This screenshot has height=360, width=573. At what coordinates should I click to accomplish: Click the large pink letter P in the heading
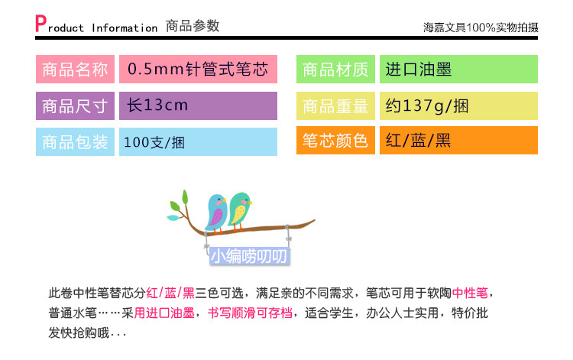coord(40,24)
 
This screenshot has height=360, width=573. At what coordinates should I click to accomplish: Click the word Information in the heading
coord(125,28)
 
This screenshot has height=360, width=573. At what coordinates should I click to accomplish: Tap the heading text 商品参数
coord(193,26)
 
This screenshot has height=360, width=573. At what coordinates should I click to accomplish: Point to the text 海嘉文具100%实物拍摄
coord(481,28)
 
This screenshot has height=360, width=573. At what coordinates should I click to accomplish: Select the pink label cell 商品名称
coord(75,69)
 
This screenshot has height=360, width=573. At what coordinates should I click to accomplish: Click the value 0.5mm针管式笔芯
coord(198,69)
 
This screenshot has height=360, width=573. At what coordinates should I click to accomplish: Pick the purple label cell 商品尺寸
coord(75,106)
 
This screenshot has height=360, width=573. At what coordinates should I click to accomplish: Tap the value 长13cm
coord(157,105)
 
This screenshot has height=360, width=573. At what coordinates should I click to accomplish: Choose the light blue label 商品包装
coord(75,142)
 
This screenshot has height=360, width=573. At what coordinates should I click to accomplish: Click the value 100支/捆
coord(154,142)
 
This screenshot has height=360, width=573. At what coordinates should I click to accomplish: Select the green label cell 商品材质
coord(335,69)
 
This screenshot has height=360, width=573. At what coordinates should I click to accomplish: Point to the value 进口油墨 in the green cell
coord(419,69)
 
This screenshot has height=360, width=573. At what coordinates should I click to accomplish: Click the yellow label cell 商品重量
coord(335,106)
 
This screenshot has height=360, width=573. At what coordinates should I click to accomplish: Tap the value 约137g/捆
coord(427,106)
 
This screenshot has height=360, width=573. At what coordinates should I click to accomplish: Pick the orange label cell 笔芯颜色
coord(335,141)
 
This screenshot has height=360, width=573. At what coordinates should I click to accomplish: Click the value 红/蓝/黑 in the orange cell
coord(418,141)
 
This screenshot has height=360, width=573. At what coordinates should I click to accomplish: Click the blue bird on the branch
coord(216,212)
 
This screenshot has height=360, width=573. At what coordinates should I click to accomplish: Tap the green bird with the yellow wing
coord(240,210)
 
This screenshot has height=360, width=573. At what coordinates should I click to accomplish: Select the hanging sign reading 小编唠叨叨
coord(250,256)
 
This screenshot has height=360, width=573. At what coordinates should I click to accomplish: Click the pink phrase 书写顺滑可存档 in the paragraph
coord(250,313)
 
